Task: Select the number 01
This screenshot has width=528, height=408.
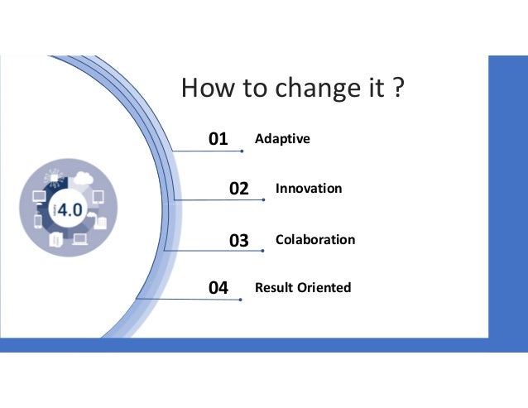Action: point(218,139)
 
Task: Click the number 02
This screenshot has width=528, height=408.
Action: point(238,190)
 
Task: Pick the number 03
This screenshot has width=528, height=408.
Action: point(238,241)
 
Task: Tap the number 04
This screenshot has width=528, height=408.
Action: point(218,289)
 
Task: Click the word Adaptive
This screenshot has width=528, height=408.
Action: point(282,138)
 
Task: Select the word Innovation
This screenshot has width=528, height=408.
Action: point(308,189)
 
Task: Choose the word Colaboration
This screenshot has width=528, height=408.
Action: point(314,240)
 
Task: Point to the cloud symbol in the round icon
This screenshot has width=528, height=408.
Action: point(82,177)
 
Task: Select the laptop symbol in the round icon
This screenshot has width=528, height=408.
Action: point(80,239)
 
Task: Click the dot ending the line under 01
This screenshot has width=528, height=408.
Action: point(241,151)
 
